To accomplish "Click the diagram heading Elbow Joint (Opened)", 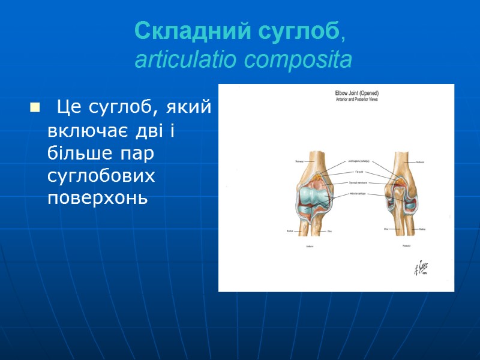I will pyautogui.click(x=356, y=93).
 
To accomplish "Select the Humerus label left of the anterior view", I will pyautogui.click(x=299, y=161).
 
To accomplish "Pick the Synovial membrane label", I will pyautogui.click(x=358, y=182).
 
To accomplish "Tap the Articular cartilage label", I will pyautogui.click(x=358, y=194).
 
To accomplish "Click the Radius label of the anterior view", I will pyautogui.click(x=290, y=229).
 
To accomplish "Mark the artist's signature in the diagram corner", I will pyautogui.click(x=420, y=269).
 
